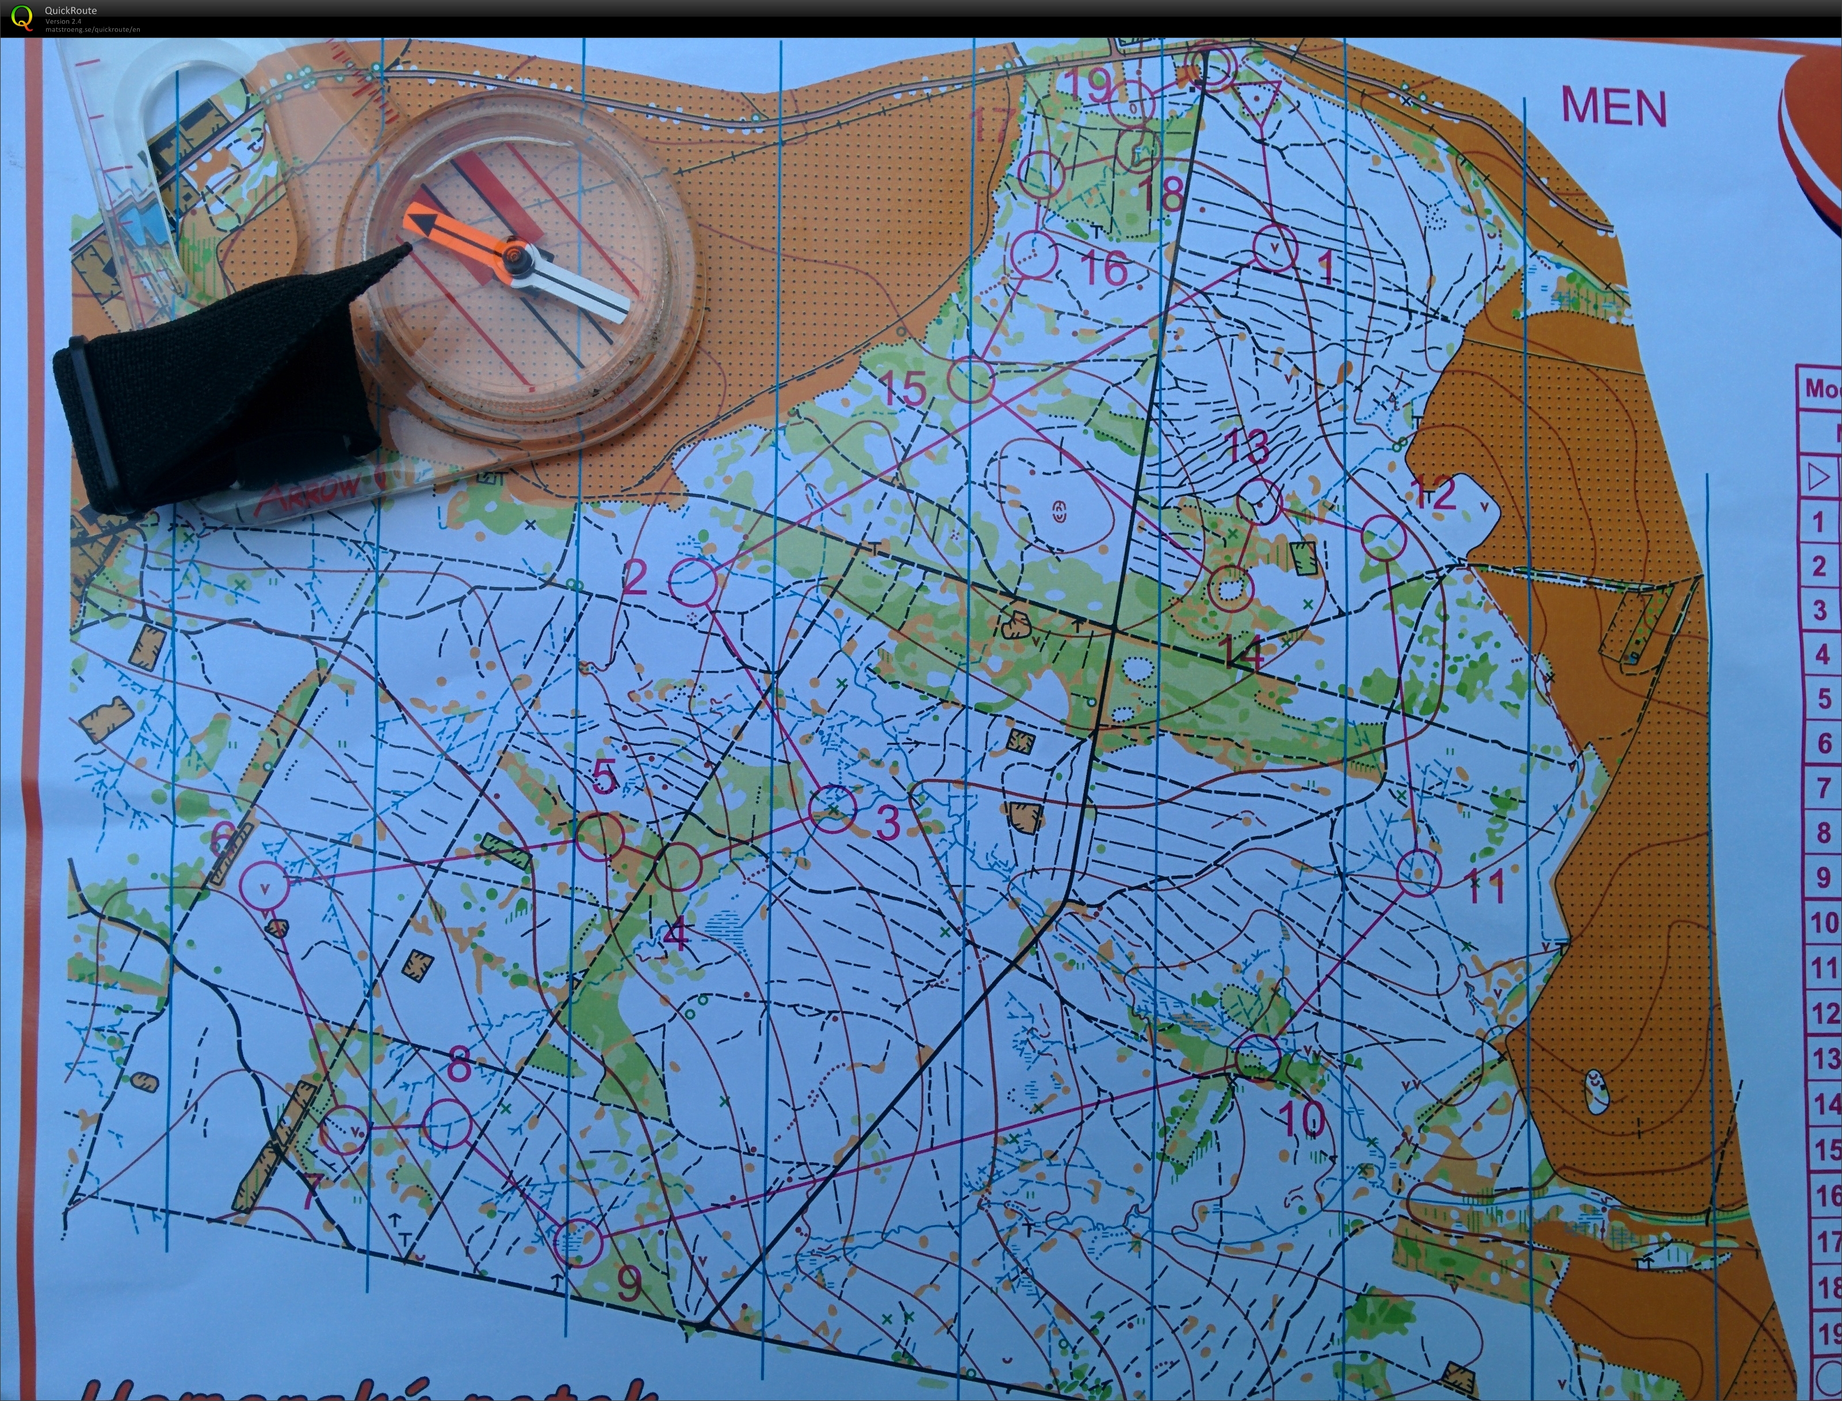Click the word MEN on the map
[1614, 108]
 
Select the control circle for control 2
[694, 581]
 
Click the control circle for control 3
[833, 808]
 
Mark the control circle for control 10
[1258, 1058]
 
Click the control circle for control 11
[1417, 872]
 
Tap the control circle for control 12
[1384, 538]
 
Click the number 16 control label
[1104, 267]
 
